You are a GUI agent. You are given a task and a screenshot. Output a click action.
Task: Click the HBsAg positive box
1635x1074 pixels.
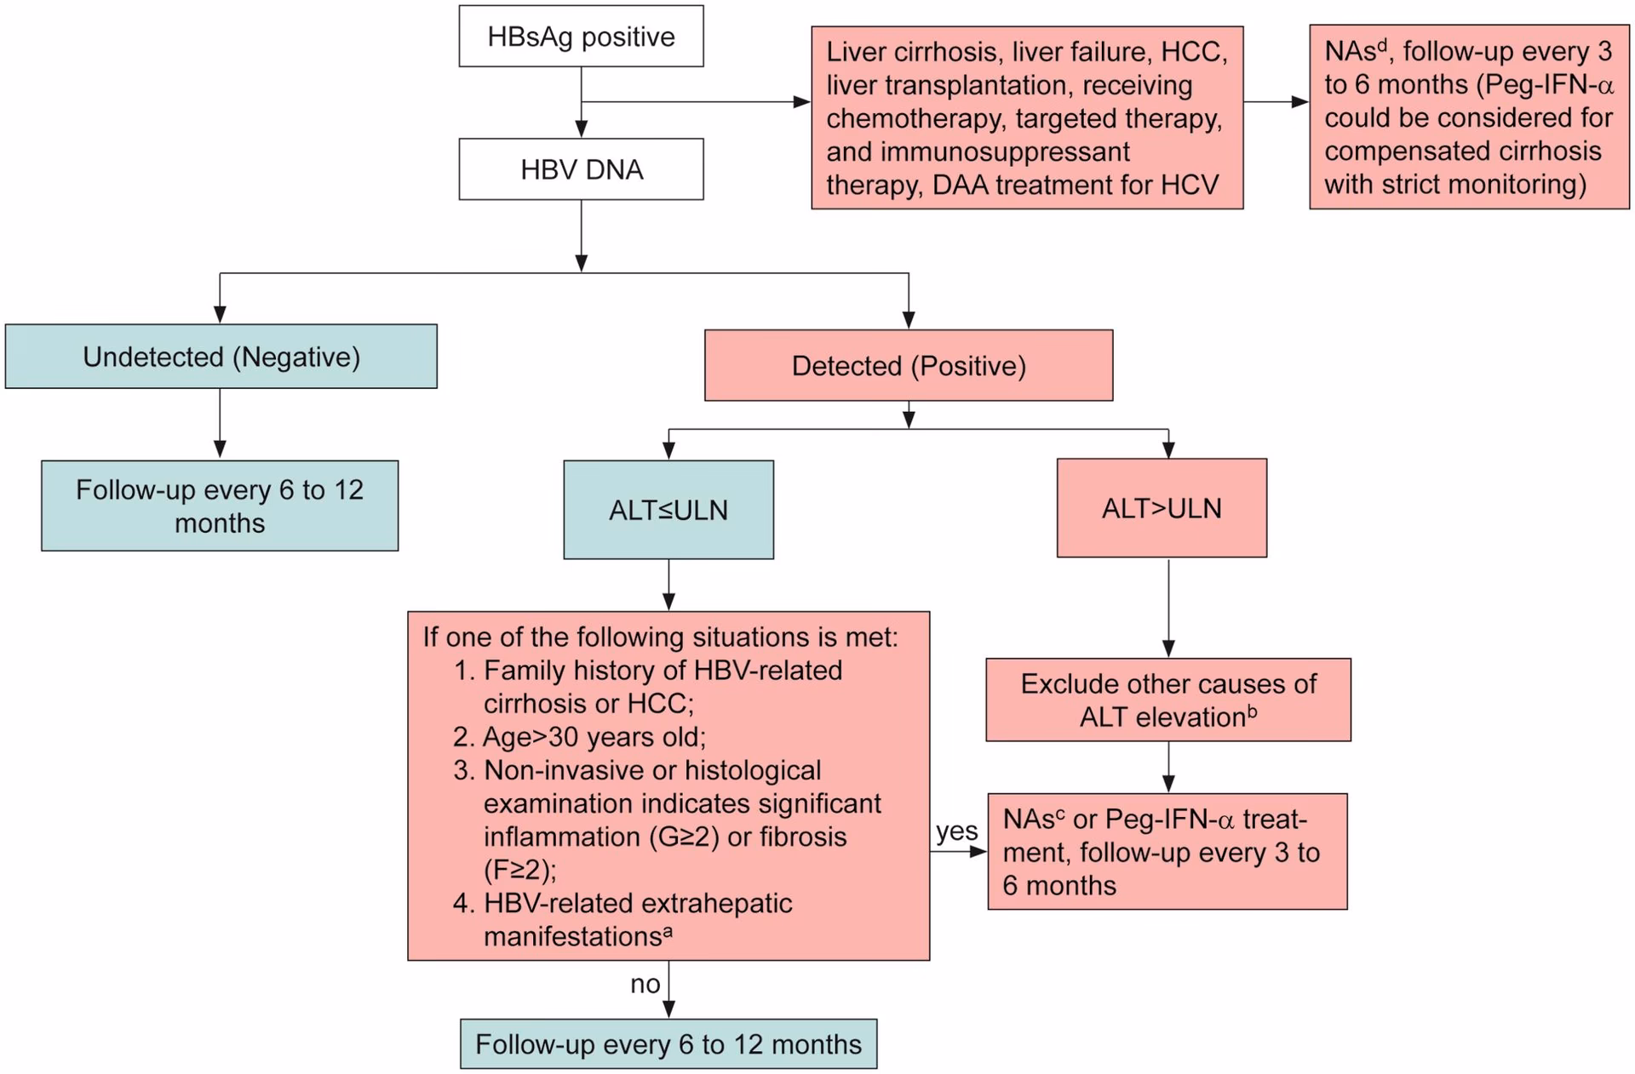point(581,37)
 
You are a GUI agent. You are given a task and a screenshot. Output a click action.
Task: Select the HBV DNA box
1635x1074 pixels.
point(581,169)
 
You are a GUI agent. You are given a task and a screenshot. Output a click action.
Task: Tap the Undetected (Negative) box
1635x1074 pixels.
point(221,357)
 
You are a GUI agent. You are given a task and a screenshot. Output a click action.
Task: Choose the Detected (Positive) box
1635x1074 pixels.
point(909,366)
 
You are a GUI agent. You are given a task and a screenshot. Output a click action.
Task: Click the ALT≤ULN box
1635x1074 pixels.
point(668,510)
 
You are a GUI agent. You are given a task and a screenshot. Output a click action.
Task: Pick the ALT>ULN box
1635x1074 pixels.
point(1162,508)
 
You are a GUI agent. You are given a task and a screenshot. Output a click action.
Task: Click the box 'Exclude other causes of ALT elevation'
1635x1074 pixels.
point(1168,700)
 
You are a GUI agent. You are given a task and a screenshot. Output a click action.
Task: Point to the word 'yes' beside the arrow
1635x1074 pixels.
point(956,831)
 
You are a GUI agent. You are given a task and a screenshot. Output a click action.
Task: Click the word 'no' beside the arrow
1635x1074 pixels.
point(645,984)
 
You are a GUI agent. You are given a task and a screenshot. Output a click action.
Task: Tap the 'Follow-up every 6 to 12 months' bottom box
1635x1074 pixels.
point(668,1044)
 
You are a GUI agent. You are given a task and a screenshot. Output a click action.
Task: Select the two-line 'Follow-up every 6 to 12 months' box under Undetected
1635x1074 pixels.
point(220,506)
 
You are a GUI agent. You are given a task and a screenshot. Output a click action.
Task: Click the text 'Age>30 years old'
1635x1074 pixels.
point(594,736)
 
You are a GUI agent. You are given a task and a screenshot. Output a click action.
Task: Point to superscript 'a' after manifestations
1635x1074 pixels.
point(668,930)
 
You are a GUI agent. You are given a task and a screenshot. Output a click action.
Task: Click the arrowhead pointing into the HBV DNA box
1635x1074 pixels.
point(582,129)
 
